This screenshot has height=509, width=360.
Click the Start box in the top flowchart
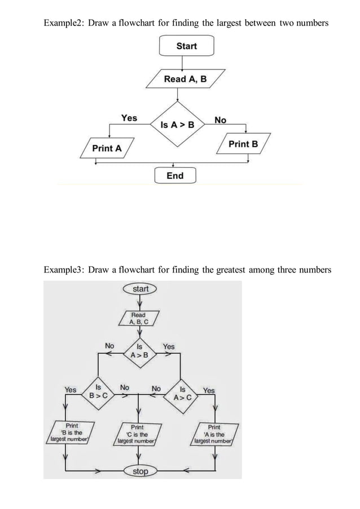pos(186,46)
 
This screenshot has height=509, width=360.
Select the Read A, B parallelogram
pos(185,79)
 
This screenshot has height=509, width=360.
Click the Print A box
pos(107,148)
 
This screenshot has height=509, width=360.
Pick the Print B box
pos(243,144)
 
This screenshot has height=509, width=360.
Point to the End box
pos(175,175)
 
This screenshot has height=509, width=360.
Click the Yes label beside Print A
pos(129,118)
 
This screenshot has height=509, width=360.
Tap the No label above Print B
pos(220,120)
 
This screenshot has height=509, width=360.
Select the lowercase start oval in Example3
pos(141,289)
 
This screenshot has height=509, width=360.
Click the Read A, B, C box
pos(138,318)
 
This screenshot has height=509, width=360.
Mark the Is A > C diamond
pos(182,393)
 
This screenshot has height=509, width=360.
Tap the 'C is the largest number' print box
pos(137,435)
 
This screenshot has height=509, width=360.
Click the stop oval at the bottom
pos(141,471)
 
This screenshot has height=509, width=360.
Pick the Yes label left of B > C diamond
pos(71,389)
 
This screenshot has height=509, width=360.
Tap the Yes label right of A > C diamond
pos(209,390)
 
